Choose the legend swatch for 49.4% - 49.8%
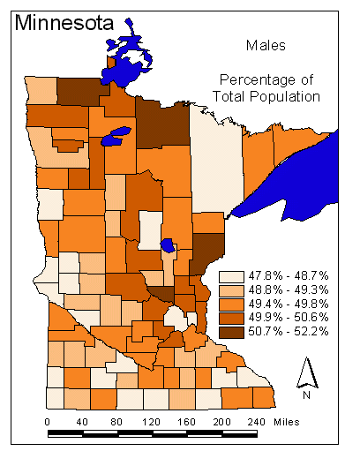click(x=229, y=304)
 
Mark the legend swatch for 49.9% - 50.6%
click(x=229, y=318)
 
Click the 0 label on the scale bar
click(x=47, y=422)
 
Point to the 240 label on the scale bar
click(x=256, y=422)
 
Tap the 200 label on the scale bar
click(x=221, y=422)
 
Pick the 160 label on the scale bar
click(x=186, y=422)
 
